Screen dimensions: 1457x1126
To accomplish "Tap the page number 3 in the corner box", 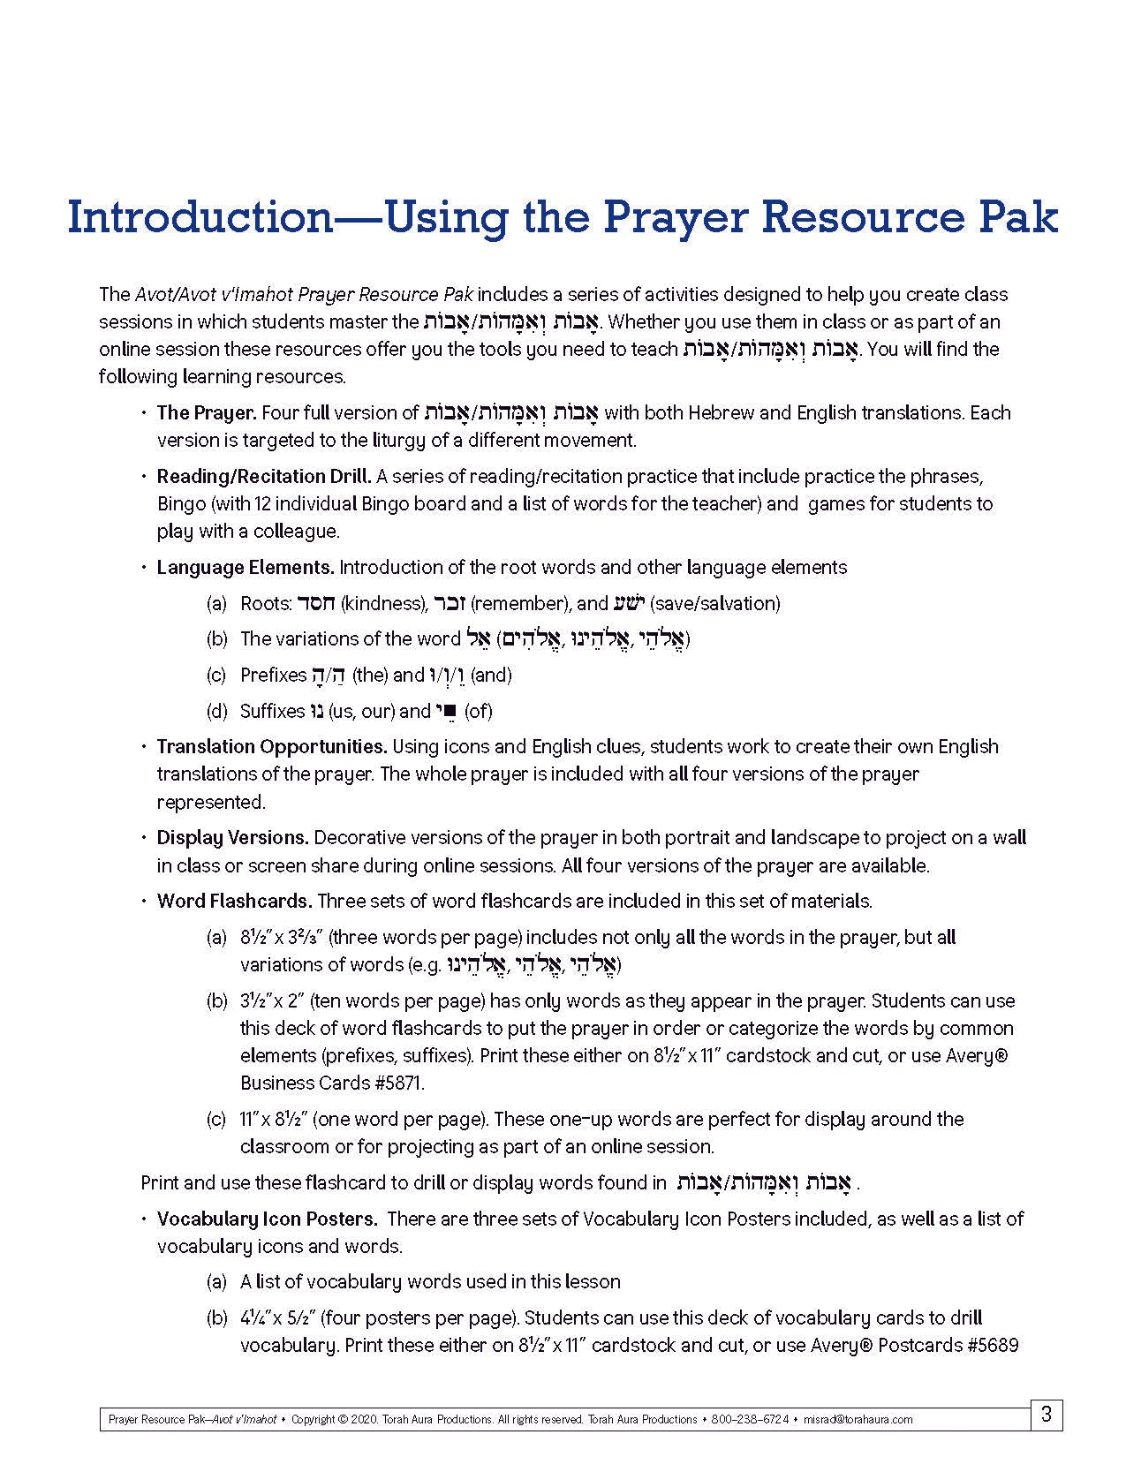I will pos(1047,1414).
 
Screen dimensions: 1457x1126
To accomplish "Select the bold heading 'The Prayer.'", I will pos(207,412).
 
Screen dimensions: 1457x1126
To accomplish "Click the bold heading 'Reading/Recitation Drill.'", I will pos(264,476).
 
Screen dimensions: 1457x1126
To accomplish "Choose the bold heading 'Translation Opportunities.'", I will pos(272,746).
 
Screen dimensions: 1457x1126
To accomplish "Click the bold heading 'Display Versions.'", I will pos(232,837).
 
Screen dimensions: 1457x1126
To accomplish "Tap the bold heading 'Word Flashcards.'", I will pos(234,901).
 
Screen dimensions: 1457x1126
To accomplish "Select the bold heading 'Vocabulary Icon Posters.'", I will pos(268,1219).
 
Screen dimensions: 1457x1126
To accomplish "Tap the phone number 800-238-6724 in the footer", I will pos(753,1420).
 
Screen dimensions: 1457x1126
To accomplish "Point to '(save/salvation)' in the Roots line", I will pos(714,603).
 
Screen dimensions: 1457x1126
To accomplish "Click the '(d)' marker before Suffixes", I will pos(217,711).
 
